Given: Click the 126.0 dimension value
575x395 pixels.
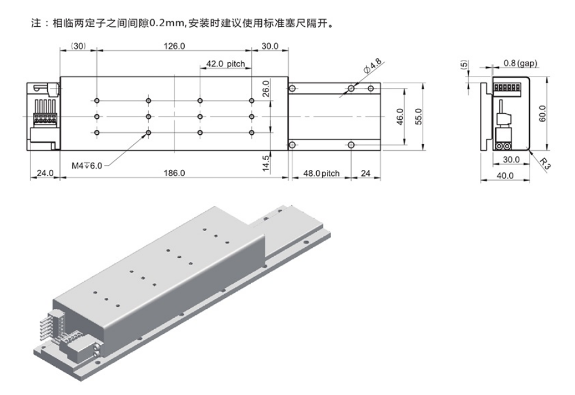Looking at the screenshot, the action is click(174, 46).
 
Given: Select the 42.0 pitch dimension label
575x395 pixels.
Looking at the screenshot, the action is click(225, 64).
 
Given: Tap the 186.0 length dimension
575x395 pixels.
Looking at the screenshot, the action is click(174, 173).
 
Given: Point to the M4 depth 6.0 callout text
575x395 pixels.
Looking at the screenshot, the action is click(87, 166).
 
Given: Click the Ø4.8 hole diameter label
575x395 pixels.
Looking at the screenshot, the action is click(372, 66).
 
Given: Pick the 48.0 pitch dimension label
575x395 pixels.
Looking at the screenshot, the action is click(322, 174).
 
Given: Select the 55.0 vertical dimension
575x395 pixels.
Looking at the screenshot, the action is click(419, 116).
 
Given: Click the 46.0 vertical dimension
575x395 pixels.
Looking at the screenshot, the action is click(400, 116).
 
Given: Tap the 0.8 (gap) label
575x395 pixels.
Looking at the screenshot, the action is click(521, 63).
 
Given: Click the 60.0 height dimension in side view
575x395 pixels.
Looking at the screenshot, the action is click(543, 114).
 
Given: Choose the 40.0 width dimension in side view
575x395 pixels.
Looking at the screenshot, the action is click(505, 176).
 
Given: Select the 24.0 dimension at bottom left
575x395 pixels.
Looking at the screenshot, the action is click(45, 173).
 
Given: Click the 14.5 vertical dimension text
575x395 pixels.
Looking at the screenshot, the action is click(266, 163).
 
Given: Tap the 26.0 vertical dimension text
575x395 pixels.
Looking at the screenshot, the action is click(266, 89).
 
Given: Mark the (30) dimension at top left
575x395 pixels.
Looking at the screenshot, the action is click(78, 46).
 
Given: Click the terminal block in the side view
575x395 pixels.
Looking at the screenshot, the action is click(507, 87).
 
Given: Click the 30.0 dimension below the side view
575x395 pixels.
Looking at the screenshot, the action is click(511, 160).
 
